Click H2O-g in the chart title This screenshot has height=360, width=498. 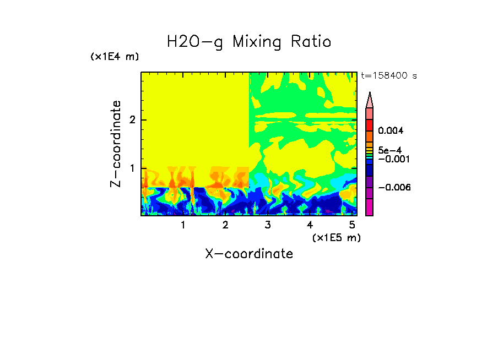[x=195, y=42]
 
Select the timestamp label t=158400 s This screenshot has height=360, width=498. [x=388, y=76]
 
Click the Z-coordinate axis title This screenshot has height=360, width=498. [x=116, y=144]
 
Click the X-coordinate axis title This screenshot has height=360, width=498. [x=249, y=254]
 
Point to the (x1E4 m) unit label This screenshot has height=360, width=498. [x=115, y=57]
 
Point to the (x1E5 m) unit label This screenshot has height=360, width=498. [x=336, y=237]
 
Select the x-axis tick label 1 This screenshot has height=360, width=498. [x=183, y=225]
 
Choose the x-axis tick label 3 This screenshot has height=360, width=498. [x=267, y=225]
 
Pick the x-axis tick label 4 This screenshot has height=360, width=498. [x=310, y=225]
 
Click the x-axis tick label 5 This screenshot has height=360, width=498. [x=351, y=225]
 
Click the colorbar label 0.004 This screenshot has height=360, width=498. [x=391, y=131]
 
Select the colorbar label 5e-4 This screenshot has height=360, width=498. [x=389, y=150]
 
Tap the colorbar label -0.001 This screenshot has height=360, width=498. [x=393, y=159]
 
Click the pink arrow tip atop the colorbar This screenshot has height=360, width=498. [x=370, y=100]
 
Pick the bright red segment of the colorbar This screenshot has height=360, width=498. [x=370, y=124]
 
